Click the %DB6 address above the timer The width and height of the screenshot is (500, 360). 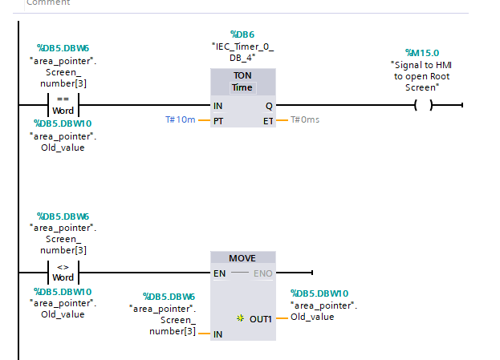(242, 34)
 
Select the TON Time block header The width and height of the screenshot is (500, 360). (242, 81)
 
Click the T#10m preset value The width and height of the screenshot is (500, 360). (181, 120)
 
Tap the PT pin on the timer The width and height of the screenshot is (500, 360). (218, 121)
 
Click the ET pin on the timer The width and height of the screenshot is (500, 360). (268, 121)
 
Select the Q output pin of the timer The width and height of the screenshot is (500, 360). (268, 106)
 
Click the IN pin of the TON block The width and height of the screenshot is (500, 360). (218, 106)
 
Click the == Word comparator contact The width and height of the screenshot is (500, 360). (63, 106)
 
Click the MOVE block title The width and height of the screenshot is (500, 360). (242, 258)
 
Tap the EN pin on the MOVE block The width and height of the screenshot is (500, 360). (219, 273)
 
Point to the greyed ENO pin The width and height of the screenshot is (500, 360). (263, 273)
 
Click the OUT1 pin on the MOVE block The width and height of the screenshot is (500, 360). (260, 318)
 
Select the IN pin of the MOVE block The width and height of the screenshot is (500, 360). (217, 334)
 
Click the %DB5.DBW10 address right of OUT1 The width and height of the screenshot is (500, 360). (319, 293)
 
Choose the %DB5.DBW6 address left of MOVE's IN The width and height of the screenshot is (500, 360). (169, 297)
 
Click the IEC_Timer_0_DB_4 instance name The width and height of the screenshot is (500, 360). (242, 51)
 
